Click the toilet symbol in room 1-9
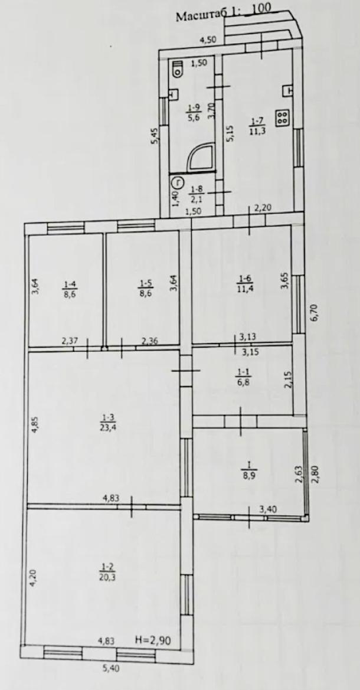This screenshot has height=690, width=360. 178,68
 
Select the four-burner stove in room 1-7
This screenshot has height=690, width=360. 282,117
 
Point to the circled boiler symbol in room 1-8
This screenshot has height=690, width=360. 178,181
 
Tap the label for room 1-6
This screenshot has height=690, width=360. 243,283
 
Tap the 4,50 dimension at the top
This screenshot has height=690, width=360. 208,41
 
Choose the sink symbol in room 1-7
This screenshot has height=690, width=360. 289,90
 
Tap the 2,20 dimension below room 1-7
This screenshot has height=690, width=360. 264,209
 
